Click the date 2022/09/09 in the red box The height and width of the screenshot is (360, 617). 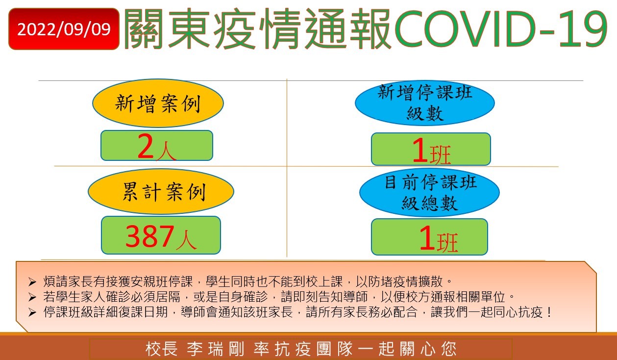[x=64, y=29]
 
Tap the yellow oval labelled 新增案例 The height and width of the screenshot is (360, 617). [x=158, y=103]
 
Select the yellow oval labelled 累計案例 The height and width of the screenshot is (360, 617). [x=161, y=191]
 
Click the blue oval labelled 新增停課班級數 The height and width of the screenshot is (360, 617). [x=425, y=103]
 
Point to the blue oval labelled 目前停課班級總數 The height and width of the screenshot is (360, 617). [x=429, y=192]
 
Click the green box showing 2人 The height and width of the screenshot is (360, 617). [x=157, y=146]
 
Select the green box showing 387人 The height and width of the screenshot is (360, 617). [x=161, y=235]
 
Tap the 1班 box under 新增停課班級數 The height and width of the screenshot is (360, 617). [x=431, y=149]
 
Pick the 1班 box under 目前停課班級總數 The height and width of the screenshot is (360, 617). [x=429, y=237]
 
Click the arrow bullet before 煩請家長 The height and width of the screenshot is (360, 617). [x=32, y=282]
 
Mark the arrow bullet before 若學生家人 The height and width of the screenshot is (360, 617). [x=32, y=297]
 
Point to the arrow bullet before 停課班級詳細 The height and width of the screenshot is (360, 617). [x=32, y=312]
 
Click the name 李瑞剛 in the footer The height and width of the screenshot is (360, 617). [x=216, y=349]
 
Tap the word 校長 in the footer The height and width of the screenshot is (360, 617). [x=161, y=349]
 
